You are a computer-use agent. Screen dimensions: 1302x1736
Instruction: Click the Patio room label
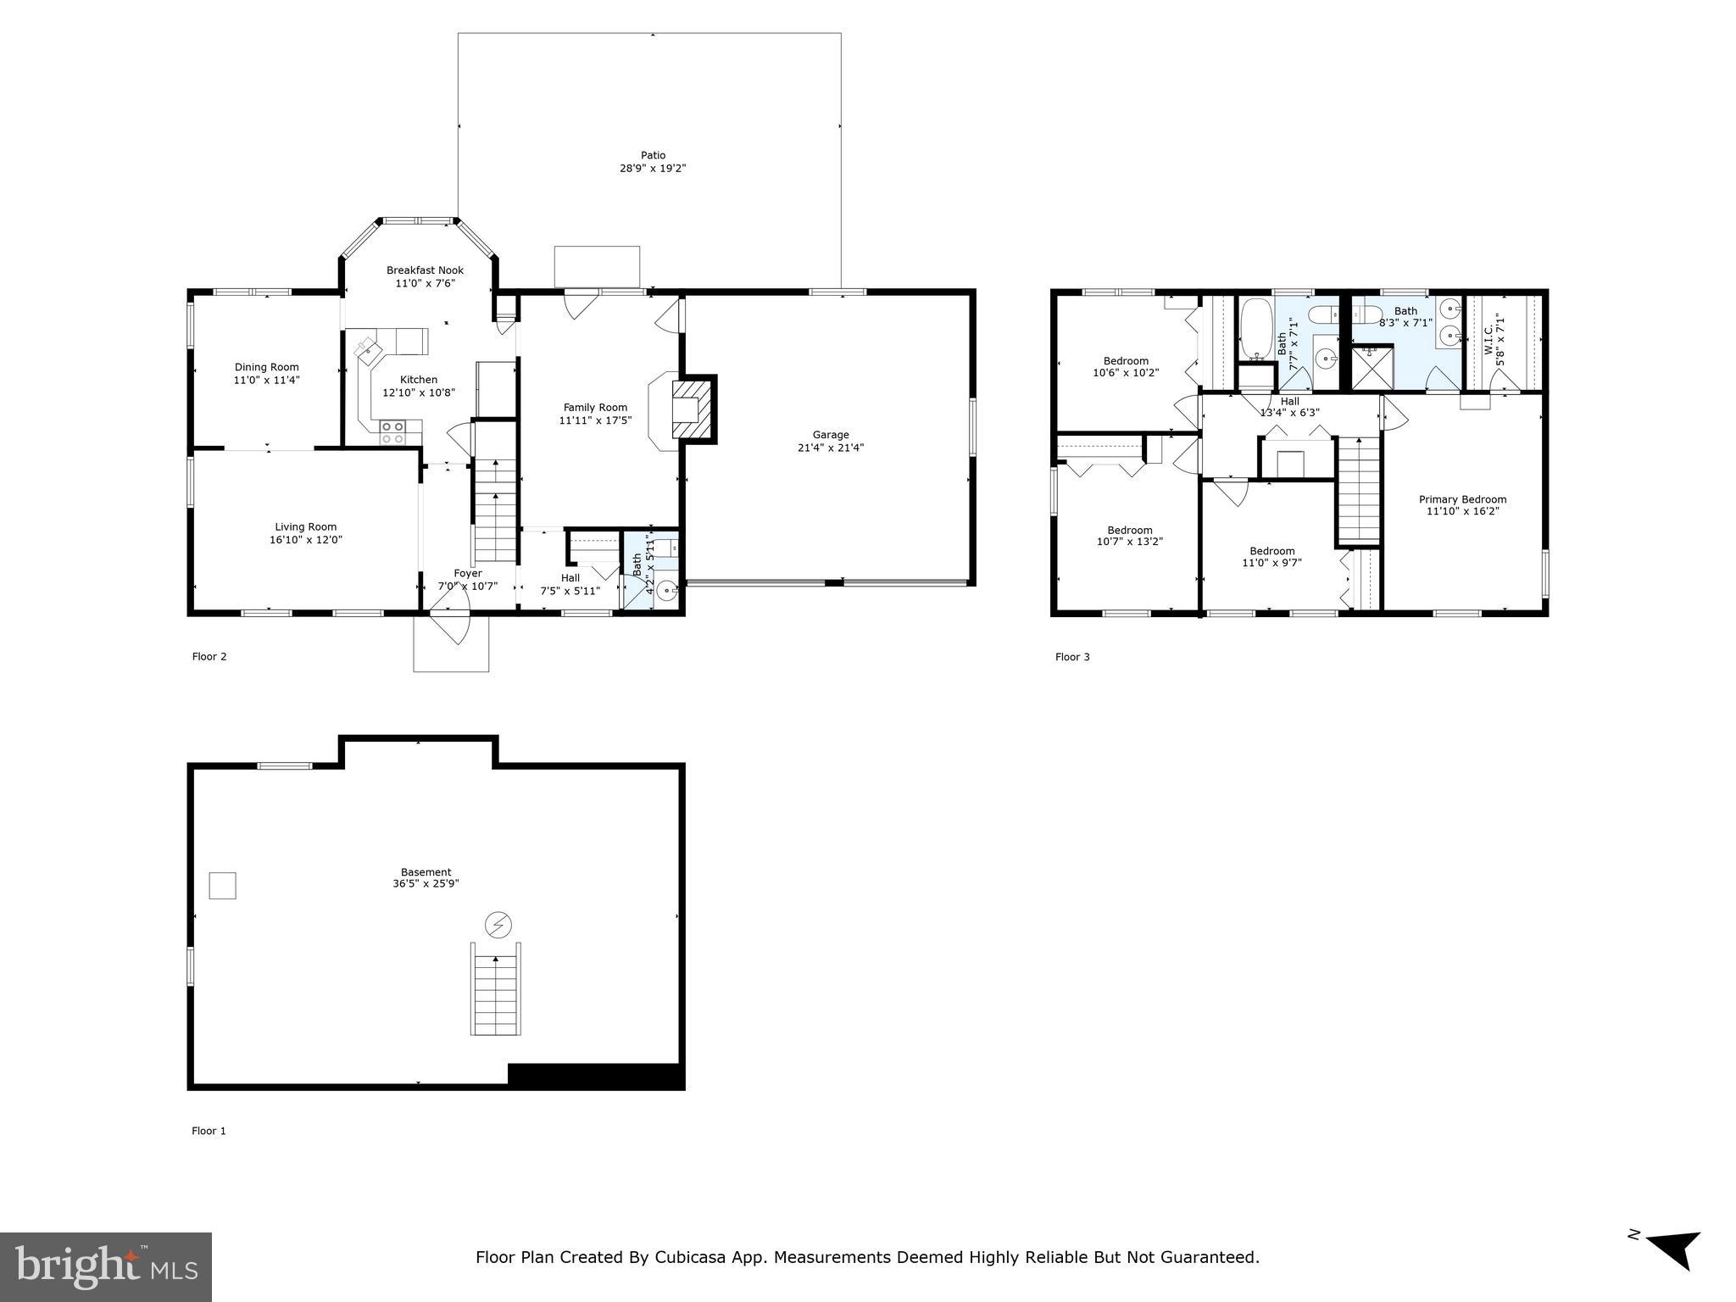[653, 155]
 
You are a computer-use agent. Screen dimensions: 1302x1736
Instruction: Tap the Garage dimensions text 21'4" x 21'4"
[830, 448]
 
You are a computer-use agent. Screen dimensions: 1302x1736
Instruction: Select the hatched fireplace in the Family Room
[694, 409]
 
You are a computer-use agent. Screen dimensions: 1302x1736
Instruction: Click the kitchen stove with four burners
[392, 432]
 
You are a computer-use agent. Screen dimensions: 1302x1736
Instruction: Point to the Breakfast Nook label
[425, 270]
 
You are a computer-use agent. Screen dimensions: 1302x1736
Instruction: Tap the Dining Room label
[266, 367]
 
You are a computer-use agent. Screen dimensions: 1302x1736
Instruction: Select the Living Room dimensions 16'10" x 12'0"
[305, 539]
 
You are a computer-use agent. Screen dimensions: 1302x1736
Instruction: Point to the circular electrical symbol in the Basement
[498, 924]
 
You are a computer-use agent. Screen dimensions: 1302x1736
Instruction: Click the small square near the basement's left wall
[222, 886]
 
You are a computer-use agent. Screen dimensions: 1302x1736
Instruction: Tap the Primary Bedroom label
[1462, 499]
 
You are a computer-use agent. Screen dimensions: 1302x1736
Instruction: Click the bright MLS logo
[105, 1267]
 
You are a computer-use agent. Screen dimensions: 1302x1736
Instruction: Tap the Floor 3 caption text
[1071, 657]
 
